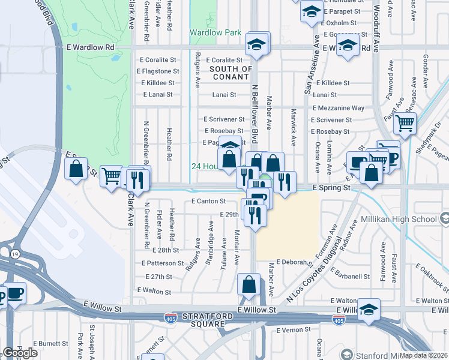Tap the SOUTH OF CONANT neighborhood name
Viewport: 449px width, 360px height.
coord(231,73)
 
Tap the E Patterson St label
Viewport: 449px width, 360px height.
coord(163,263)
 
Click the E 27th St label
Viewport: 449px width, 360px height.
coord(158,277)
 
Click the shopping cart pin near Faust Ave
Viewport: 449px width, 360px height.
coord(405,124)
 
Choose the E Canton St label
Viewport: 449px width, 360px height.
coord(208,201)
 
